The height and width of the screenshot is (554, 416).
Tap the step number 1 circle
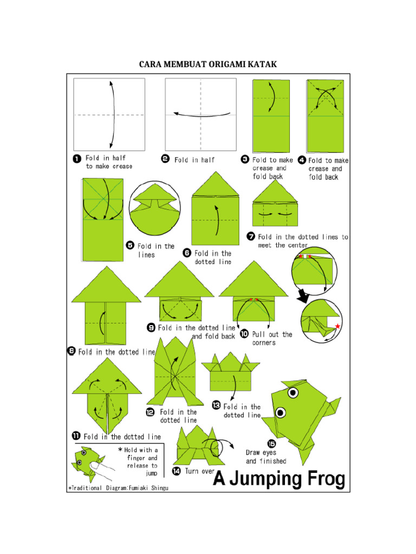tap(77, 159)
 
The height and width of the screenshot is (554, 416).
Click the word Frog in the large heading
tap(320, 478)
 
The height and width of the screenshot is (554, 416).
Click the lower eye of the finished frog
tap(281, 413)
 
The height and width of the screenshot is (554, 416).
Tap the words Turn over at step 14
tap(200, 471)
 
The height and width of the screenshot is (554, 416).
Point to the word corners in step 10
tap(264, 342)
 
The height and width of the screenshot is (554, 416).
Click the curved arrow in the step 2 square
tap(201, 114)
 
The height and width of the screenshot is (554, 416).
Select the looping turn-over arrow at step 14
tap(222, 448)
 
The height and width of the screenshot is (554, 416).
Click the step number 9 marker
tap(151, 328)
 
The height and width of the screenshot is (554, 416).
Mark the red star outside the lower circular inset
tap(338, 326)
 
